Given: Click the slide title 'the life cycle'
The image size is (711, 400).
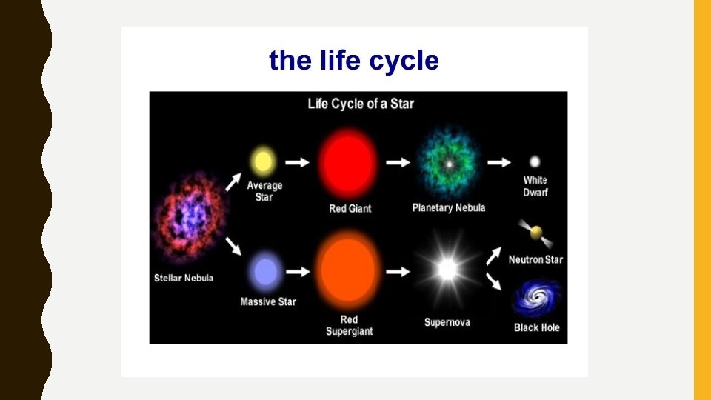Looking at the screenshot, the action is [354, 60].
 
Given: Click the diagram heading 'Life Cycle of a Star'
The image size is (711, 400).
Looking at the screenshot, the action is [361, 103].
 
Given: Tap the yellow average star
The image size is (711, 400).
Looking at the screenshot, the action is [263, 160].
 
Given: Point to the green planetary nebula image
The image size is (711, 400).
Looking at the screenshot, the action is [447, 162].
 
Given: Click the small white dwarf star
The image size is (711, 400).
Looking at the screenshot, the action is [535, 161].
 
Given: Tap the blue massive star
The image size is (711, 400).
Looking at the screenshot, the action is [265, 272].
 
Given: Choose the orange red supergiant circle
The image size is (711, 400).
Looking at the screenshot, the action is [349, 271].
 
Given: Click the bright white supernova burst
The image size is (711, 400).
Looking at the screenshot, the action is [447, 270].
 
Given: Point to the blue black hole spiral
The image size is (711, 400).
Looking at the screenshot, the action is [536, 298].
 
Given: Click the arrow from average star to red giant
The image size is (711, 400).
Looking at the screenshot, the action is [298, 162].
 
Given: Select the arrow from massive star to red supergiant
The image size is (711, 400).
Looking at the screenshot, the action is [298, 272].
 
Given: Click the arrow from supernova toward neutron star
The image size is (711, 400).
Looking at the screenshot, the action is [493, 256].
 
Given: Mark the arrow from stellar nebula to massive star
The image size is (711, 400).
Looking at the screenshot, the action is [233, 247].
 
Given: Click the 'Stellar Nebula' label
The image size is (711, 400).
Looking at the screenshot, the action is [184, 278].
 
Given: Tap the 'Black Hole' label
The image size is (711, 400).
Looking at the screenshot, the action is [537, 327].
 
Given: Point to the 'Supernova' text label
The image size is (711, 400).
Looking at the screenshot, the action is [447, 322].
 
